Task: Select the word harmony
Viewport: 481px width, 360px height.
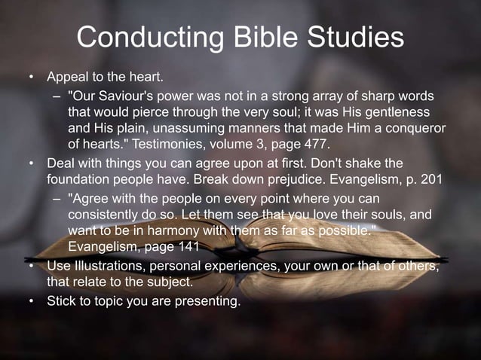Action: pyautogui.click(x=176, y=230)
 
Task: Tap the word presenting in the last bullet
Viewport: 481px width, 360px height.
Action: pyautogui.click(x=208, y=302)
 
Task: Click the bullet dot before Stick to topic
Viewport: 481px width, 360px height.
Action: pyautogui.click(x=32, y=302)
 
